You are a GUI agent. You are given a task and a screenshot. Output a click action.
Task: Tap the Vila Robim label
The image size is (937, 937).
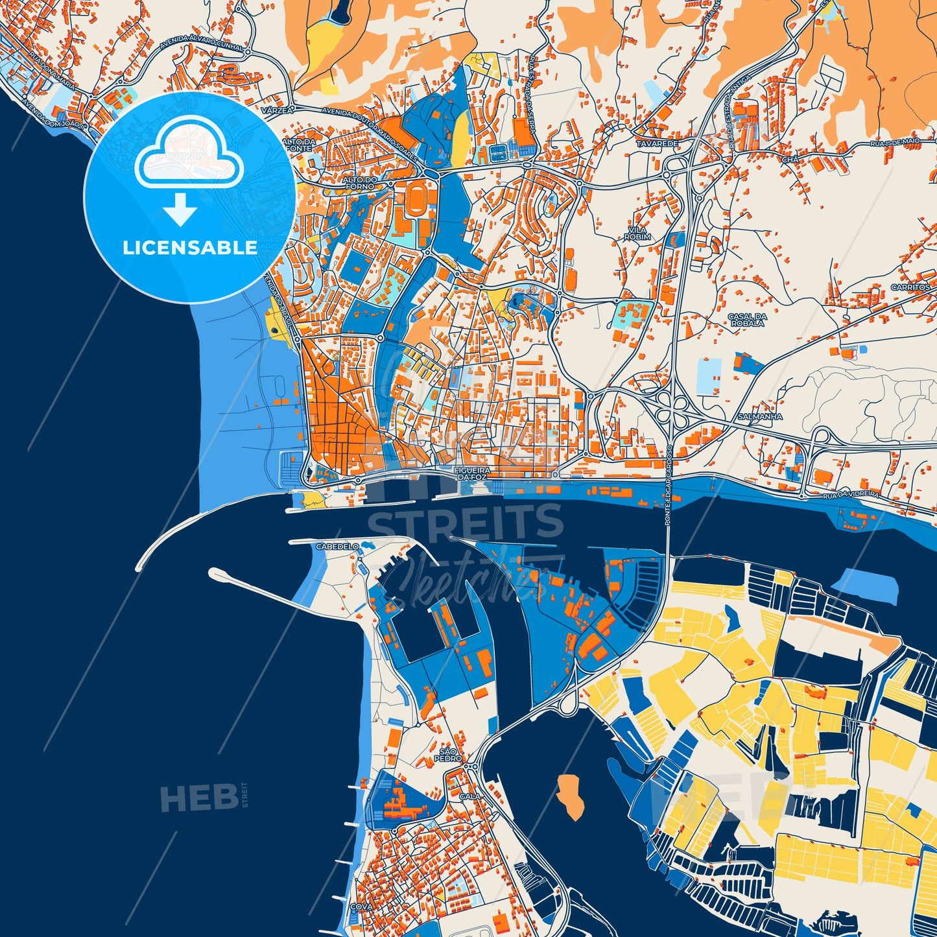pyautogui.click(x=637, y=233)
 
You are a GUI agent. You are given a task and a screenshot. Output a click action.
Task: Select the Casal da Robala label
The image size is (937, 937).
pyautogui.click(x=747, y=320)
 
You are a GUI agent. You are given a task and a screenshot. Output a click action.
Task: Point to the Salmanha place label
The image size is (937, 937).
pyautogui.click(x=760, y=416)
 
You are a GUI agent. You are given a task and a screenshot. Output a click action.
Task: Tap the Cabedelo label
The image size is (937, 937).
pyautogui.click(x=337, y=547)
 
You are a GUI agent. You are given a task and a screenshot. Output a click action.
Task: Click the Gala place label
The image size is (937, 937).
pyautogui.click(x=468, y=795)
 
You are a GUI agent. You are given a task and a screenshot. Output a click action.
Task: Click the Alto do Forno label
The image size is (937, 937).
pyautogui.click(x=360, y=183)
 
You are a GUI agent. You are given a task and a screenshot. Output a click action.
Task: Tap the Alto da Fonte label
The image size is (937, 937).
pyautogui.click(x=299, y=145)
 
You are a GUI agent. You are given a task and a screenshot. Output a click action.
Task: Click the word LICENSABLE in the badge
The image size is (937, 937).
pyautogui.click(x=191, y=248)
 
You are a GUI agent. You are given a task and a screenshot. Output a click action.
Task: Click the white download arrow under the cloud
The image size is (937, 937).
pyautogui.click(x=180, y=210)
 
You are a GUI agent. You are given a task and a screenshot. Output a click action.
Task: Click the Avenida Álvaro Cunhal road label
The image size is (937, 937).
pyautogui.click(x=202, y=45)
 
